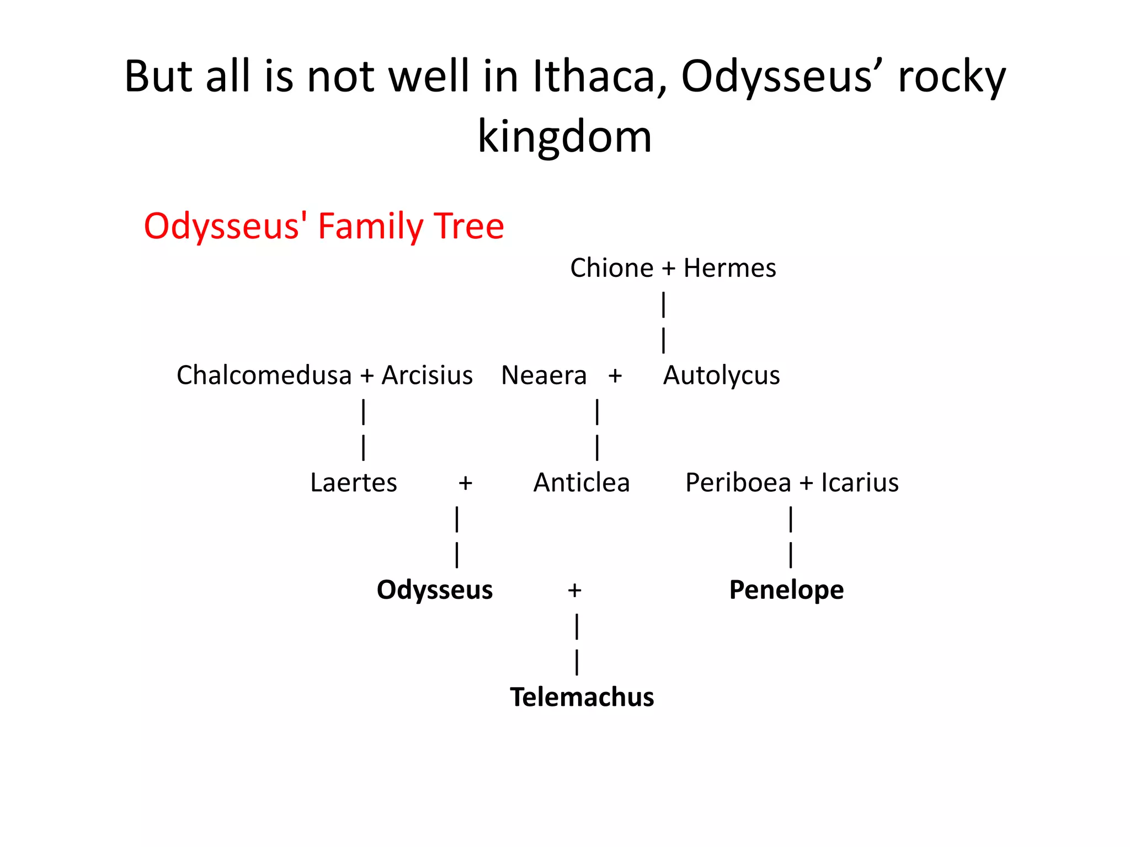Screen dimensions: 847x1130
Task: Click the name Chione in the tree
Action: coord(611,268)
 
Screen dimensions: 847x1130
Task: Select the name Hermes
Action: coord(729,268)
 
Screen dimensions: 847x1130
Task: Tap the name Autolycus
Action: coord(721,376)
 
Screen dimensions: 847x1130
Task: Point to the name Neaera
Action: coord(543,376)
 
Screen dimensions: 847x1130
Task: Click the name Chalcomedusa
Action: coord(264,376)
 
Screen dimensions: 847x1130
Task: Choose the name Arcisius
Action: coord(427,376)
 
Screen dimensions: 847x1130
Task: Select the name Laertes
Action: coord(353,483)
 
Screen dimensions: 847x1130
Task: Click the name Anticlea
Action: coord(581,483)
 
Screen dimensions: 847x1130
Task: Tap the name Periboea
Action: coord(738,483)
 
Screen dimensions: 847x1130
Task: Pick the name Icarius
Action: coord(860,483)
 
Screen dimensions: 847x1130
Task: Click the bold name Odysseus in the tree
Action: coord(434,590)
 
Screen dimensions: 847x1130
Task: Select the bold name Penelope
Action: coord(786,590)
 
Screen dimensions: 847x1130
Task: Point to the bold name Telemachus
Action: coord(582,697)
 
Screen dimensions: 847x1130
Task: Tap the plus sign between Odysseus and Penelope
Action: coord(574,591)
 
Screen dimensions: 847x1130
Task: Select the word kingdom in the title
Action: coord(564,136)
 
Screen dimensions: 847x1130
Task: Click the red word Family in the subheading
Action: coord(370,227)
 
